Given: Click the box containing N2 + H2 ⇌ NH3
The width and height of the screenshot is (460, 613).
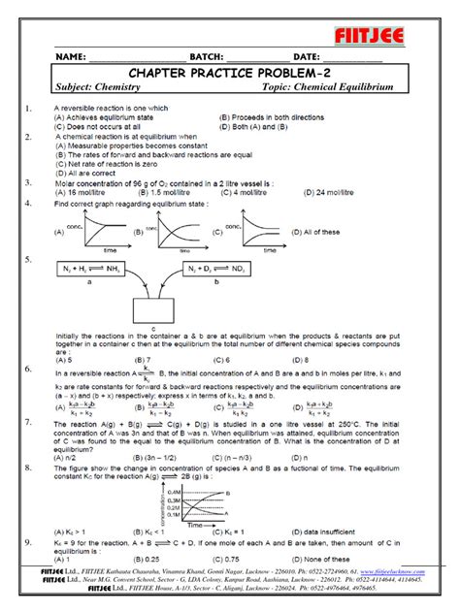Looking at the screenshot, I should [x=90, y=268].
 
